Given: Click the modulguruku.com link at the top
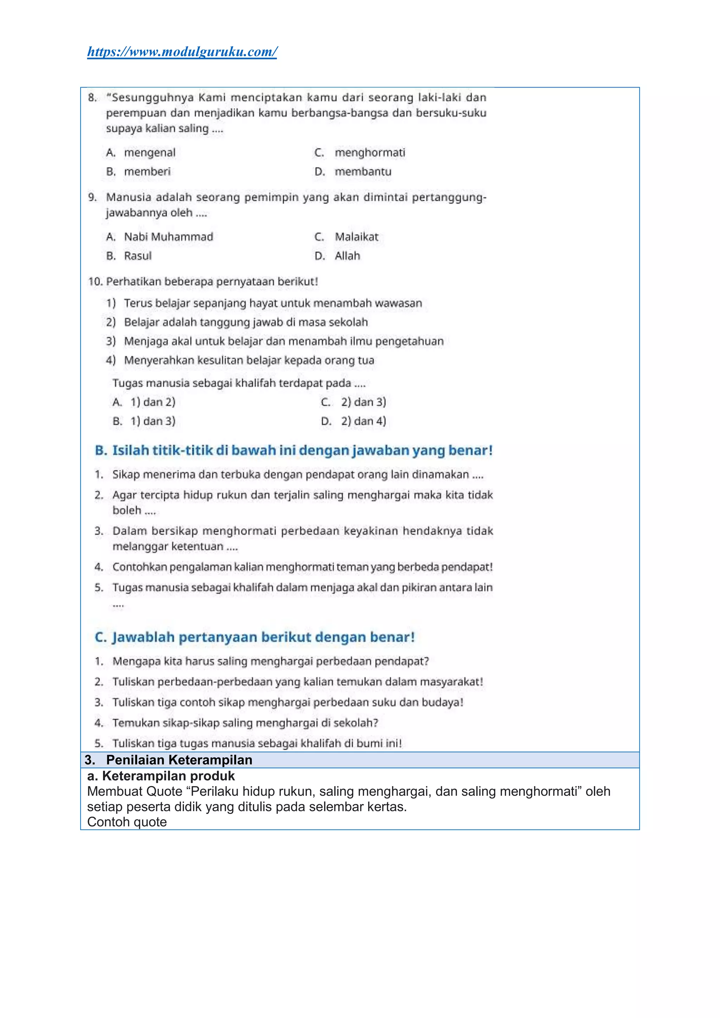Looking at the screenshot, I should click(182, 52).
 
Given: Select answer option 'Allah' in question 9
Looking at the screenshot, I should click(347, 256).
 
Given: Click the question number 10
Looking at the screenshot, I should click(95, 282).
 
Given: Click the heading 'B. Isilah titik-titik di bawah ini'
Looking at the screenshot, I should click(294, 451).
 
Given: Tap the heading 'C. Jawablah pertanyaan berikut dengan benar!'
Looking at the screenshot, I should click(255, 637).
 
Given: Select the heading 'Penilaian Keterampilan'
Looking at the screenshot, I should click(179, 760).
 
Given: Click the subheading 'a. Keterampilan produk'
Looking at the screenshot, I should click(161, 776).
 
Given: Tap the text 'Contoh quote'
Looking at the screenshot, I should click(127, 822).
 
